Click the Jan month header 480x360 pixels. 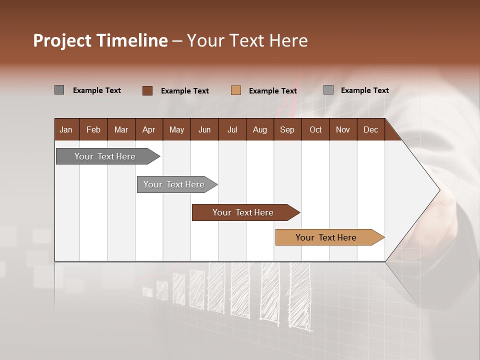pos(66,129)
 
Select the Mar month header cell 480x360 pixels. pos(121,129)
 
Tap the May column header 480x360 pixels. pos(176,129)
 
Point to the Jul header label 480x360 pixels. pos(232,129)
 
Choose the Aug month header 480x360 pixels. pos(259,129)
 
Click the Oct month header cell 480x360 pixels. pos(315,129)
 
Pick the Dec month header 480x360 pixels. pos(370,129)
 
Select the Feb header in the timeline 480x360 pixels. pos(93,129)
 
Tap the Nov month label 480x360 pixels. pos(342,129)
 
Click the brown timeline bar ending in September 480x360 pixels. pos(244,212)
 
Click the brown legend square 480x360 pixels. pos(147,90)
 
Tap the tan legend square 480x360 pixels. pos(236,90)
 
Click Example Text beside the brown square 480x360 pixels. pos(185,91)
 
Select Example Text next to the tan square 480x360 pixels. pos(273,91)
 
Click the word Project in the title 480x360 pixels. pos(61,40)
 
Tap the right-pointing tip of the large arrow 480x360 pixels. pos(438,189)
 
